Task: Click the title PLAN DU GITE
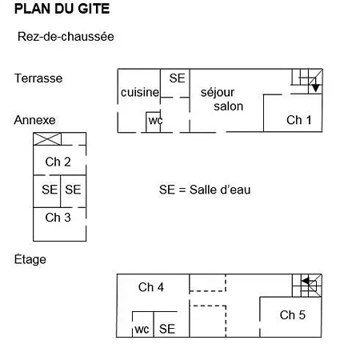coord(62,9)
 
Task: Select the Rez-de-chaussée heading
coord(66,37)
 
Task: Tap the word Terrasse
coord(38,78)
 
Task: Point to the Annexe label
coord(34,120)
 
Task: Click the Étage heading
coord(30,259)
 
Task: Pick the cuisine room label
coord(140,92)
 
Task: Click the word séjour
coord(218,93)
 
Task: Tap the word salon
coord(229,106)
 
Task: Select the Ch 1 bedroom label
coord(299,120)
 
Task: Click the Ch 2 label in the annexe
coord(58,162)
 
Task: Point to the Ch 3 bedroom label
coord(58,218)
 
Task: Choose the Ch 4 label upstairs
coord(151,287)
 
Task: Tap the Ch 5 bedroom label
coord(293,315)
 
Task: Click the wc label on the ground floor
coord(155,120)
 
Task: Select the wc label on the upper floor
coord(142,330)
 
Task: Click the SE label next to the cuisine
coord(177,78)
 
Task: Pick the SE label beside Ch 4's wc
coord(167,329)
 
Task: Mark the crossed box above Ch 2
coord(47,139)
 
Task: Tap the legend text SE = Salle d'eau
coord(205,190)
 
